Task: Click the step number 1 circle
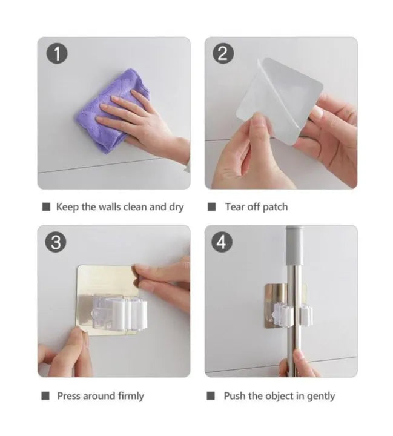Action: click(57, 54)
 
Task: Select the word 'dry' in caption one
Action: click(176, 207)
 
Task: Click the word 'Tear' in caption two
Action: click(235, 207)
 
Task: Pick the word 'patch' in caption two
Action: click(275, 207)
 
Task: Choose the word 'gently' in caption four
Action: click(320, 396)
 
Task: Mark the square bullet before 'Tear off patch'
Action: click(212, 207)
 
